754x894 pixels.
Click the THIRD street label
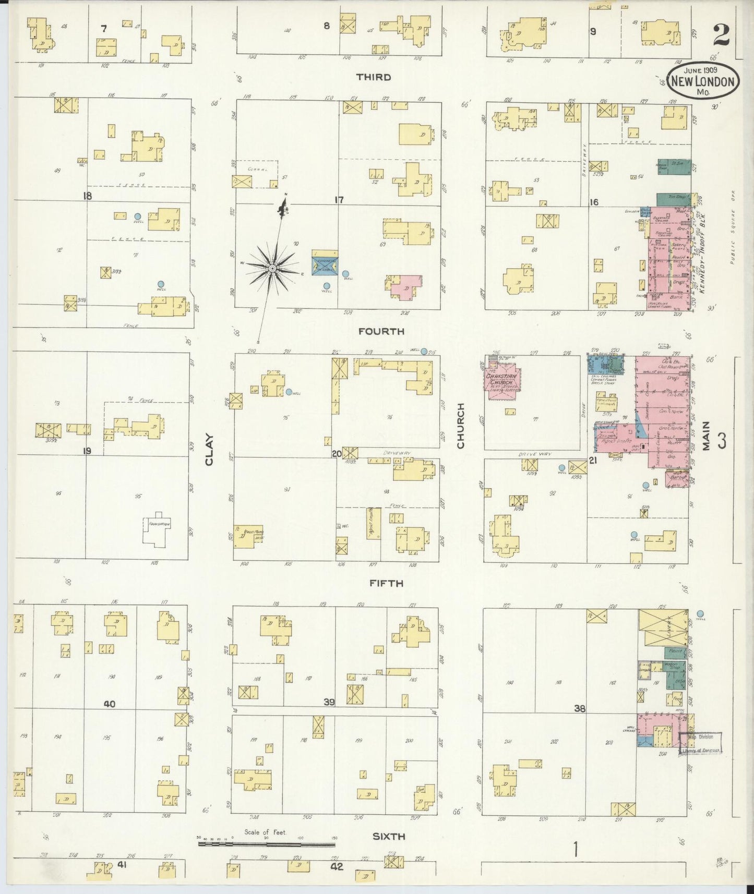[373, 77]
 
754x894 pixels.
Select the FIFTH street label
[386, 583]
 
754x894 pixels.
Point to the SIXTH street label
[389, 836]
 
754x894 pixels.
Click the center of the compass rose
[272, 268]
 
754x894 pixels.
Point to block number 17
[339, 199]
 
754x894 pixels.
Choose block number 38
[579, 708]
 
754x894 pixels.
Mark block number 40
[109, 704]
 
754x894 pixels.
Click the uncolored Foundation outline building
[157, 530]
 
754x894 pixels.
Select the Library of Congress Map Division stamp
[701, 743]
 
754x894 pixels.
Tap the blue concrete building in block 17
[325, 262]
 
